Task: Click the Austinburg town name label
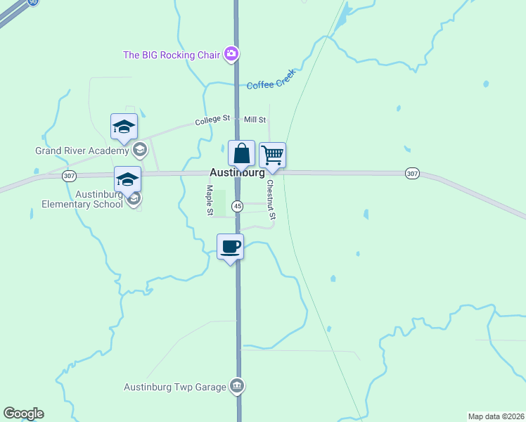click(237, 173)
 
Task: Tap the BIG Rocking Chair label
click(172, 54)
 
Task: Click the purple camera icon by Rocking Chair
click(231, 53)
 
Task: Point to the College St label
click(212, 120)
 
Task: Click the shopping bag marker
click(241, 154)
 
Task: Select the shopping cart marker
click(272, 155)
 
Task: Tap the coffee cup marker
click(230, 247)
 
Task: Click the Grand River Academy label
click(82, 151)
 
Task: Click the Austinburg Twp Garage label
click(175, 387)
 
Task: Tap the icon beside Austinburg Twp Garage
click(237, 385)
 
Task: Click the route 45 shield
click(238, 206)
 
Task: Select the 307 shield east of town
click(412, 173)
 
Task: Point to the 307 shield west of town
click(68, 176)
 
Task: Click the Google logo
click(23, 414)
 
